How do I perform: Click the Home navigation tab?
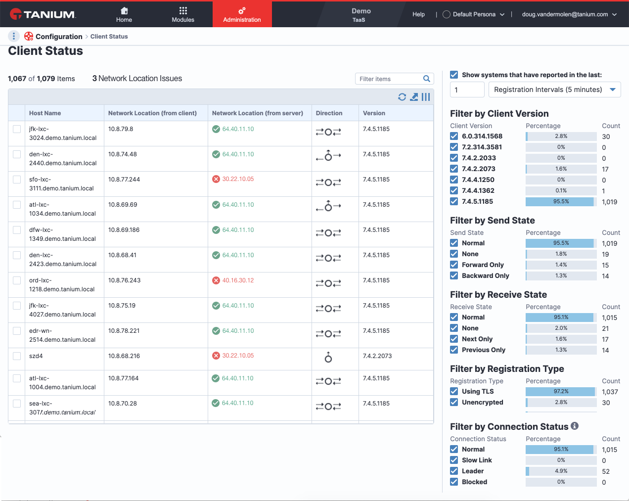124,15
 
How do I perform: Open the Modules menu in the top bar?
183,15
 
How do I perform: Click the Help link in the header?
418,14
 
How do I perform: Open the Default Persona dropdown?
474,14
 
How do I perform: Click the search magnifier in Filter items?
426,79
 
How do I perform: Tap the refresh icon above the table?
402,97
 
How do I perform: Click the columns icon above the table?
426,97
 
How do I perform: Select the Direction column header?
329,113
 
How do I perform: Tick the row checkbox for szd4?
17,356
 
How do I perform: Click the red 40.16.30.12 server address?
238,280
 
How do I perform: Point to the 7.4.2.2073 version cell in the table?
377,356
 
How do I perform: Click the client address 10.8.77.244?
124,180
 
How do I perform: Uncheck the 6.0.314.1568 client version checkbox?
454,136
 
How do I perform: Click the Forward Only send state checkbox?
454,265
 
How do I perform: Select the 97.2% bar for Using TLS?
561,391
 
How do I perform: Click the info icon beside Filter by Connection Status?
575,426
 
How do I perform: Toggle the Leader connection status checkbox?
454,471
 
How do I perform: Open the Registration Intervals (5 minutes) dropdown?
554,90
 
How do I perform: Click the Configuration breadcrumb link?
59,37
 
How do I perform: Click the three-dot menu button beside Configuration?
13,36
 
